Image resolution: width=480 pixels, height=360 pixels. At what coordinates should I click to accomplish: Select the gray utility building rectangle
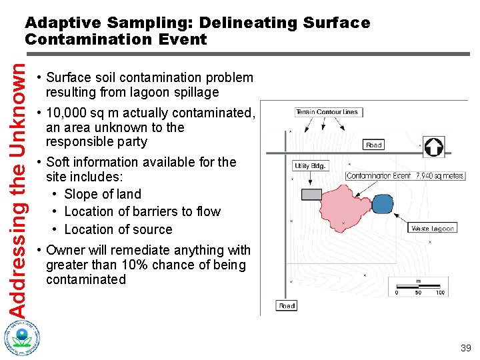[x=311, y=194]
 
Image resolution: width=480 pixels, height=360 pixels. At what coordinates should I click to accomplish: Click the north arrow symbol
[x=434, y=147]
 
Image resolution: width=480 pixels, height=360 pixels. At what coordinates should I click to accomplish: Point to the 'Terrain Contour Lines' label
[x=328, y=112]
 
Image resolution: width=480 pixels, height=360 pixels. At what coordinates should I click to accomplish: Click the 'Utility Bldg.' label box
[x=310, y=166]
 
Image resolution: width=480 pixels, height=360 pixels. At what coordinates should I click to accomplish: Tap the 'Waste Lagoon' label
[x=432, y=228]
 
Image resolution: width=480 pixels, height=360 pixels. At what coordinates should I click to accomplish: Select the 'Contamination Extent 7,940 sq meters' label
[x=405, y=176]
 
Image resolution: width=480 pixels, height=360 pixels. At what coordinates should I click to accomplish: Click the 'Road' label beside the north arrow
[x=373, y=145]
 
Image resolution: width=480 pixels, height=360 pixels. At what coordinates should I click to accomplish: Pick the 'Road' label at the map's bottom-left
[x=287, y=305]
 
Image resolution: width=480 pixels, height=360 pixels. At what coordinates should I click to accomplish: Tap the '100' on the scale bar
[x=439, y=292]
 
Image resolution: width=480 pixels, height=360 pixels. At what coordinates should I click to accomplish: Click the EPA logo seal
[x=22, y=337]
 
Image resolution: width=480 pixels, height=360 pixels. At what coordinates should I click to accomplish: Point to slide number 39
[x=465, y=348]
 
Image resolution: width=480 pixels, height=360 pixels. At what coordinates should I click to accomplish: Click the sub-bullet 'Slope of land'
[x=103, y=194]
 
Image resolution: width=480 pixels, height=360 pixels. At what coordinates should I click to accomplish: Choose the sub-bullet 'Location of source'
[x=118, y=229]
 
